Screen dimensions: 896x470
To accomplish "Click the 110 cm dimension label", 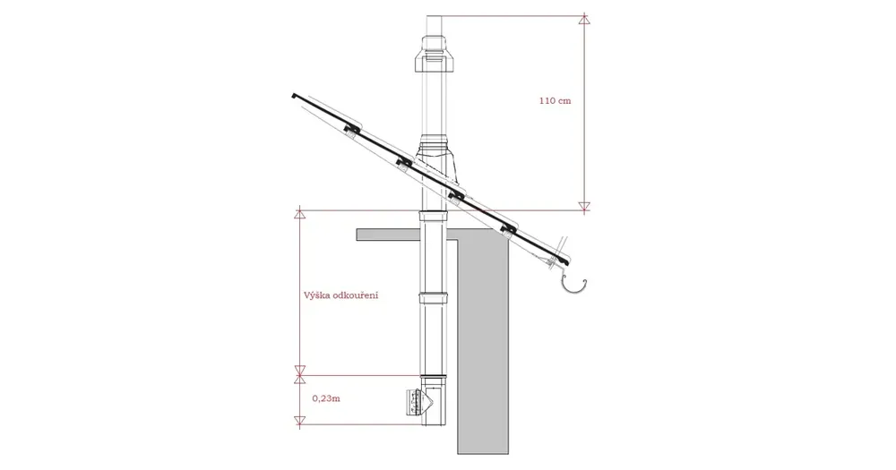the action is pos(555,101).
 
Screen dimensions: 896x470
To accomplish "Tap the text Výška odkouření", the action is pos(340,295).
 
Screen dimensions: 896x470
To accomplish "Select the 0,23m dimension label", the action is pos(326,398).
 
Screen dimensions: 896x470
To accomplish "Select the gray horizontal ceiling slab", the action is pos(406,235).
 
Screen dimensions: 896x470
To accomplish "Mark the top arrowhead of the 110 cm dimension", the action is pos(583,20).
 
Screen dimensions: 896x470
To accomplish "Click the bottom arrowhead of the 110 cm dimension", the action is pos(583,206).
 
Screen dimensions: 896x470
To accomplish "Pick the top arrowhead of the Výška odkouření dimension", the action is pos(299,215).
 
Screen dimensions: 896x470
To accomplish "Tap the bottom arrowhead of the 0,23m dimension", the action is pos(299,421).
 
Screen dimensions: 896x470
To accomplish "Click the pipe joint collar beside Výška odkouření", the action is pos(433,297).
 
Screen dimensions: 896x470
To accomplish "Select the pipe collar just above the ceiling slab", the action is pos(433,215).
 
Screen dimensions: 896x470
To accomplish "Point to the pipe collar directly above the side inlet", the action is pos(433,380).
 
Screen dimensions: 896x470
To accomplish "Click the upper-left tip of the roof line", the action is pos(293,95).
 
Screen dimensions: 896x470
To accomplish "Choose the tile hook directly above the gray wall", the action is pos(507,229).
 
